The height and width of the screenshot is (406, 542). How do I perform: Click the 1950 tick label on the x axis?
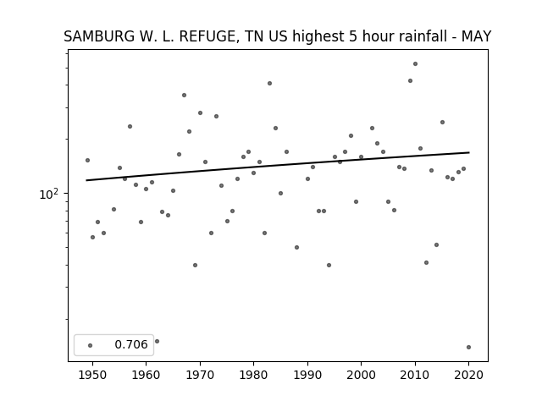[92, 375]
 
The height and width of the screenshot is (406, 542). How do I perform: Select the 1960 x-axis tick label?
[146, 375]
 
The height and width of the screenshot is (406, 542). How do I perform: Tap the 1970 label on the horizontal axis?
[200, 375]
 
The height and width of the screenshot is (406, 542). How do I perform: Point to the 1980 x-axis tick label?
[253, 375]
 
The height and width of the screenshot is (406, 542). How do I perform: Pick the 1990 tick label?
[307, 375]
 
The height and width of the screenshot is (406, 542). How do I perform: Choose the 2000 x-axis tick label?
[361, 375]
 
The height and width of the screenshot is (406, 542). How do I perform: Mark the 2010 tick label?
[415, 375]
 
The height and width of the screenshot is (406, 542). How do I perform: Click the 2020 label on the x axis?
[468, 375]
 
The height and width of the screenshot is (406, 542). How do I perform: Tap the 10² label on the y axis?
[49, 194]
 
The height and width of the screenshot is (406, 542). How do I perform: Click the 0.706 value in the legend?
[131, 344]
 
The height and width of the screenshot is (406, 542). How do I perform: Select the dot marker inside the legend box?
[91, 345]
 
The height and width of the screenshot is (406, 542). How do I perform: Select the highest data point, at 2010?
[415, 64]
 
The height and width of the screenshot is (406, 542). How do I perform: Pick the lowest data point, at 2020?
[468, 348]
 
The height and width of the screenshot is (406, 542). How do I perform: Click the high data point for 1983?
[269, 83]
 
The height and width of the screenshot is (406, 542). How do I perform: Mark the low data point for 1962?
[157, 342]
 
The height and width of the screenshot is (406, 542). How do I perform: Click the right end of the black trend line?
[469, 152]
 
